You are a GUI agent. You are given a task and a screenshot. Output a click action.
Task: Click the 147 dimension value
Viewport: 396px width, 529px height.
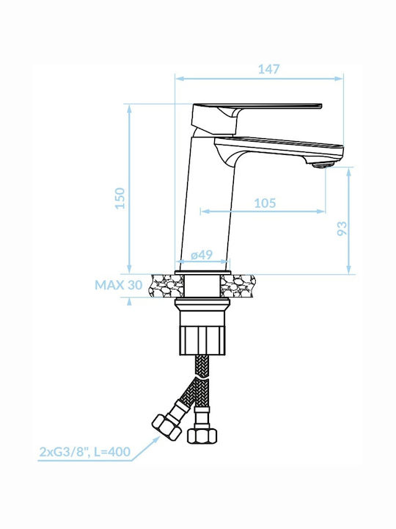click(268, 69)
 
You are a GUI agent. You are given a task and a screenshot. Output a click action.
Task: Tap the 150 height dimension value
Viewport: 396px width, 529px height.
click(120, 198)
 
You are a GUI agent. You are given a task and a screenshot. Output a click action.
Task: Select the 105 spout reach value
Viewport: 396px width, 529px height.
click(265, 203)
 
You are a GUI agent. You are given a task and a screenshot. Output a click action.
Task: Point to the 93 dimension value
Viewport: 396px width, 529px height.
click(342, 228)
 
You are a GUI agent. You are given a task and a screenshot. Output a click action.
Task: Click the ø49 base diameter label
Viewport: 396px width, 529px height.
click(202, 255)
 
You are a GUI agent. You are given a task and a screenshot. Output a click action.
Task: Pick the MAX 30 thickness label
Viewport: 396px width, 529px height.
click(119, 285)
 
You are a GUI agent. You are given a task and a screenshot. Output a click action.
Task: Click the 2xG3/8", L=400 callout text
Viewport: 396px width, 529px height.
click(85, 451)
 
